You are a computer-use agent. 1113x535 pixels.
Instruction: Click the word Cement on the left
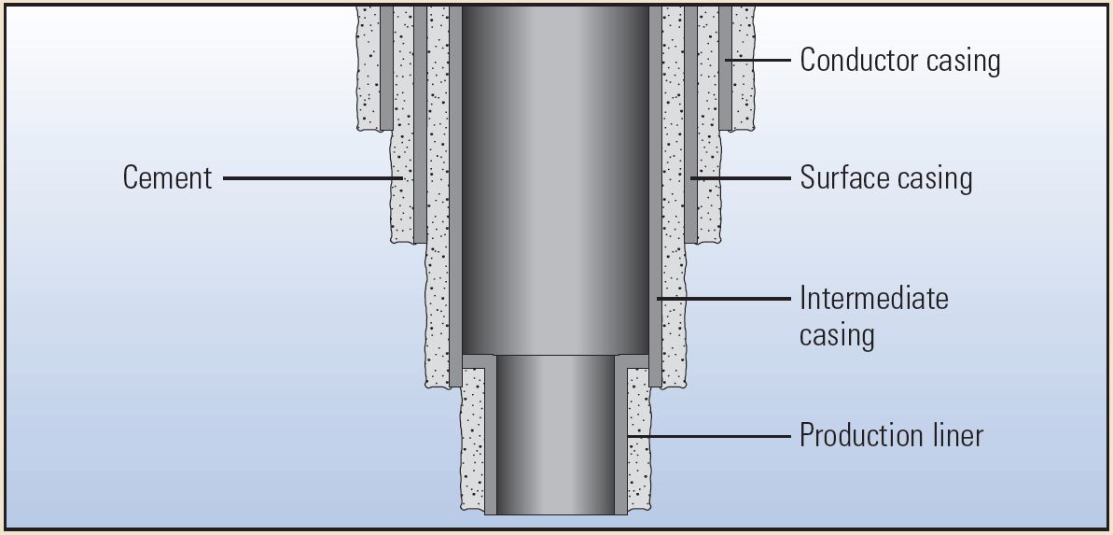click(x=168, y=177)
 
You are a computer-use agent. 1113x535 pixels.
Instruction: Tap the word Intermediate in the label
click(x=873, y=299)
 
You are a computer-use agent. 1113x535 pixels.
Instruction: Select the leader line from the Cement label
click(x=313, y=177)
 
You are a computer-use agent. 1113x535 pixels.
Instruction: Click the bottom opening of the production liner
click(x=555, y=513)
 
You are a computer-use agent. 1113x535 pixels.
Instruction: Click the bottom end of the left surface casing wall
click(x=420, y=239)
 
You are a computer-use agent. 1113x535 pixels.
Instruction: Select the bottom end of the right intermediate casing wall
click(x=655, y=383)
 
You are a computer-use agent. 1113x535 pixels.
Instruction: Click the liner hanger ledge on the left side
click(x=478, y=360)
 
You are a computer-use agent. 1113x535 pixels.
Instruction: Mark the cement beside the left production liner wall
click(x=473, y=439)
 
